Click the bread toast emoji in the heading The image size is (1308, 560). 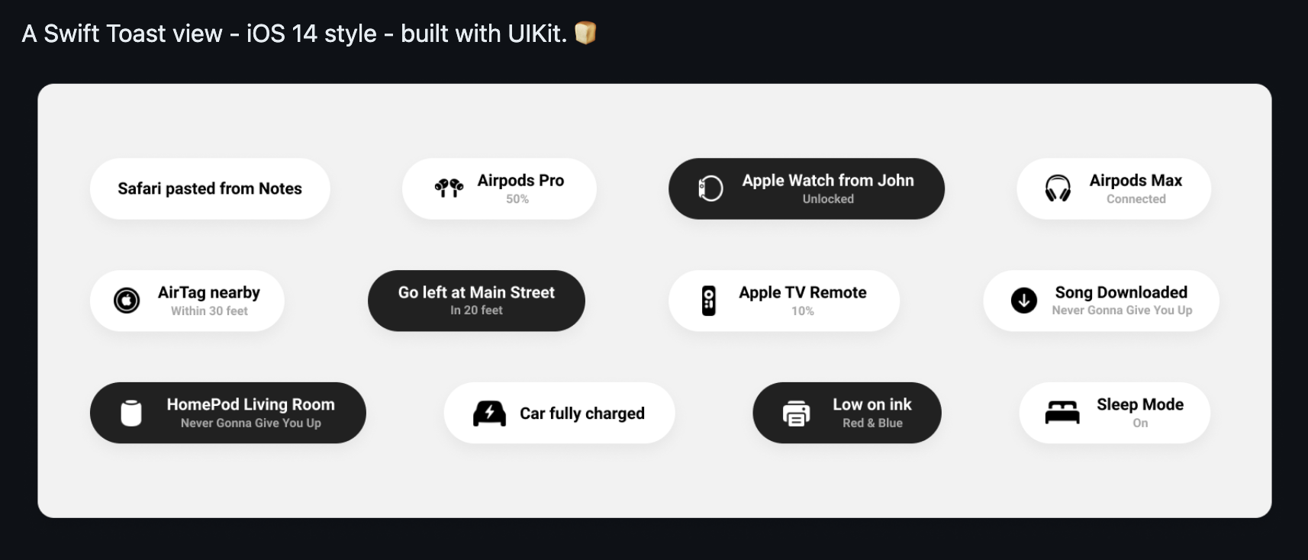(x=585, y=33)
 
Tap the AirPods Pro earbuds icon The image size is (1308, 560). (x=449, y=188)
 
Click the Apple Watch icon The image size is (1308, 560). (x=710, y=188)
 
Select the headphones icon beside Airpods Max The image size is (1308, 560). (x=1058, y=188)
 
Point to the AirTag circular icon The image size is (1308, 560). (x=127, y=301)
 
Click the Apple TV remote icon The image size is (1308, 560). (x=709, y=301)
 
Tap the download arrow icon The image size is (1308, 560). (x=1023, y=301)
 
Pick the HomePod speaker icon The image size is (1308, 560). (x=131, y=413)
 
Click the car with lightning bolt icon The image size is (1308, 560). (x=489, y=413)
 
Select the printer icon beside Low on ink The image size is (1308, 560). (x=796, y=413)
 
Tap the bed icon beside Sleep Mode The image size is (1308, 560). (x=1062, y=413)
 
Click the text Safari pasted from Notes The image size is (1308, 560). (x=210, y=188)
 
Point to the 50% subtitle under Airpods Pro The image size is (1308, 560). (x=517, y=199)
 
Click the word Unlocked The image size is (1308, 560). (x=828, y=199)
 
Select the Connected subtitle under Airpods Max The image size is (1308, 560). (x=1136, y=199)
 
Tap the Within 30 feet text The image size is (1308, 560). (x=209, y=311)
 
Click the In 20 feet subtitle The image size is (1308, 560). (x=476, y=311)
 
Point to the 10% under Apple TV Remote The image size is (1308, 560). (x=803, y=311)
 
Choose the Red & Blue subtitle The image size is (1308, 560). (x=872, y=423)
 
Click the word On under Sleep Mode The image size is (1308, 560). (x=1140, y=423)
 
